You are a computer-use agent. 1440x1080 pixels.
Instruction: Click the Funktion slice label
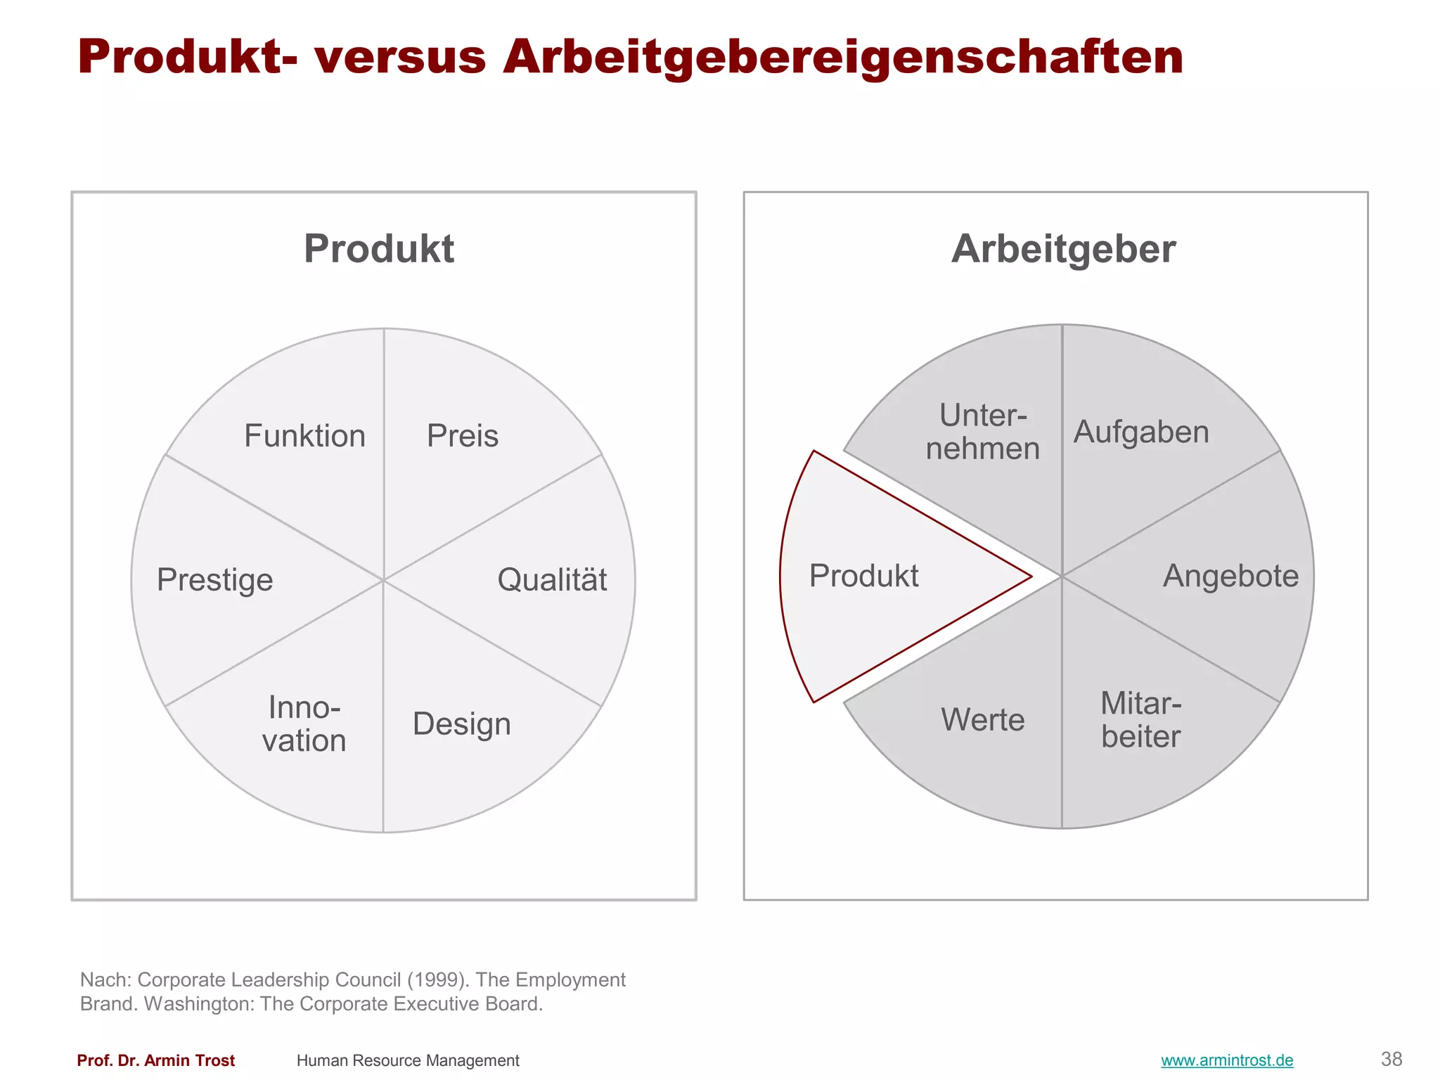tap(304, 436)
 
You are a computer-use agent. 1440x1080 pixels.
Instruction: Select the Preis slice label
tap(463, 436)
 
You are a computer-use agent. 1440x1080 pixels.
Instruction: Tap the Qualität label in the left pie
tap(552, 580)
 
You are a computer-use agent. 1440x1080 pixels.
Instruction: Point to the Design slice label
tap(461, 724)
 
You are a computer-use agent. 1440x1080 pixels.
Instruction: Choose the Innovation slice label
tap(304, 724)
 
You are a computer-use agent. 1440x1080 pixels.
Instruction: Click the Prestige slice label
tap(214, 580)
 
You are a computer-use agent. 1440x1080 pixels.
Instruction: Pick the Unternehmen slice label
tap(983, 432)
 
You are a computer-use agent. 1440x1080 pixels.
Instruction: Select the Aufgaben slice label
tap(1141, 432)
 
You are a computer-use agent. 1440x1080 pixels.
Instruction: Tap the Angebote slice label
tap(1230, 576)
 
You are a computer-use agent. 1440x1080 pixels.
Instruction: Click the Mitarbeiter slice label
tap(1141, 720)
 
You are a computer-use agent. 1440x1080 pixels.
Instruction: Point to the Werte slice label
tap(983, 720)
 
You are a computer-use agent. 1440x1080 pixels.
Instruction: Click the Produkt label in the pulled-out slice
tap(863, 576)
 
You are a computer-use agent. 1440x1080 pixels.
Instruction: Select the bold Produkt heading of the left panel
tap(379, 249)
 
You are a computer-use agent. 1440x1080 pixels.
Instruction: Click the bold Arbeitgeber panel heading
tap(1063, 249)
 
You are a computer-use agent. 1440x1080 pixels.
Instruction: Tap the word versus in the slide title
tap(400, 57)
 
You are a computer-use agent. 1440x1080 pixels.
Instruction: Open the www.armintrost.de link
tap(1227, 1060)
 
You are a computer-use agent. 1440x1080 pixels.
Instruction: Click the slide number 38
tap(1391, 1059)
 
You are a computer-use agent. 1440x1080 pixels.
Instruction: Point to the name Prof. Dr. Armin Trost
tap(155, 1060)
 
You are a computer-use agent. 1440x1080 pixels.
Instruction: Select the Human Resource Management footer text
tap(408, 1060)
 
